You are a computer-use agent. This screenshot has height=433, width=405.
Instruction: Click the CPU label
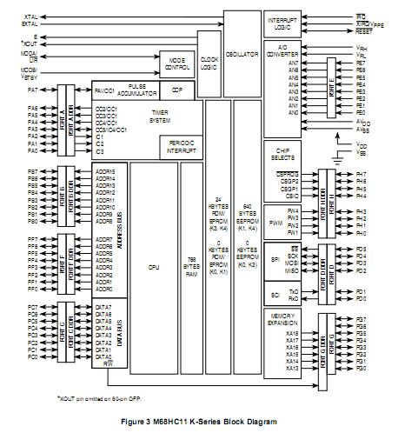tap(154, 268)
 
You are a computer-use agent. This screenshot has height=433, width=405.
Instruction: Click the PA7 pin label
tap(32, 90)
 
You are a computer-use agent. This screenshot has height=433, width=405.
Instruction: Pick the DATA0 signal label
tap(104, 357)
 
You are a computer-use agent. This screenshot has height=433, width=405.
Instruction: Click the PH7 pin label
tap(361, 174)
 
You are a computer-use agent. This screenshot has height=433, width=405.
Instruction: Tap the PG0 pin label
tap(361, 369)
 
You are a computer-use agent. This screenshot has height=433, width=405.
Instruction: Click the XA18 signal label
tap(291, 333)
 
